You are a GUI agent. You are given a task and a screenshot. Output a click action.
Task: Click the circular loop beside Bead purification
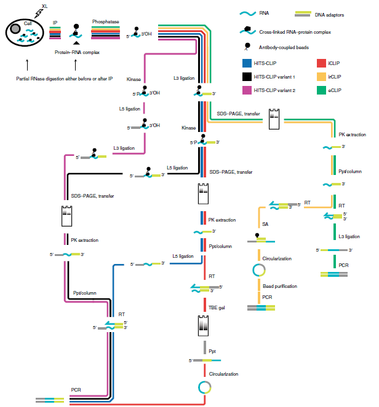tap(259, 270)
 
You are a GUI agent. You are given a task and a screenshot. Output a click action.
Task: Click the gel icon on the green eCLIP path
tap(275, 118)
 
